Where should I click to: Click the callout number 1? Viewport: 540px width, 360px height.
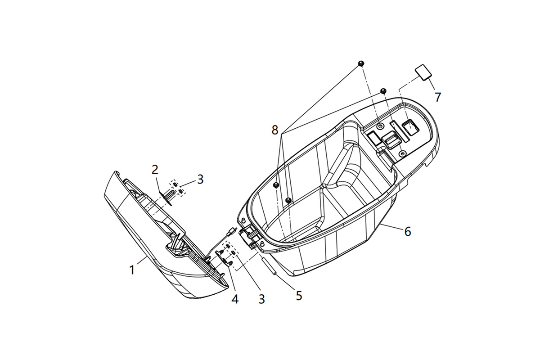(132, 270)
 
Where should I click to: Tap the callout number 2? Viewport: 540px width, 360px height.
(155, 170)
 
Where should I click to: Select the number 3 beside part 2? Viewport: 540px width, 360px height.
(200, 180)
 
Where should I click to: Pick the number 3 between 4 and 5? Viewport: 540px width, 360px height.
(262, 299)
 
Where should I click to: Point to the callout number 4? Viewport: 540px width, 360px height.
(235, 299)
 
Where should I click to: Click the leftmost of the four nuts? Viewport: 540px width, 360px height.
(276, 185)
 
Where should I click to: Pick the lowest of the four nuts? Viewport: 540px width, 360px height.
(288, 200)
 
